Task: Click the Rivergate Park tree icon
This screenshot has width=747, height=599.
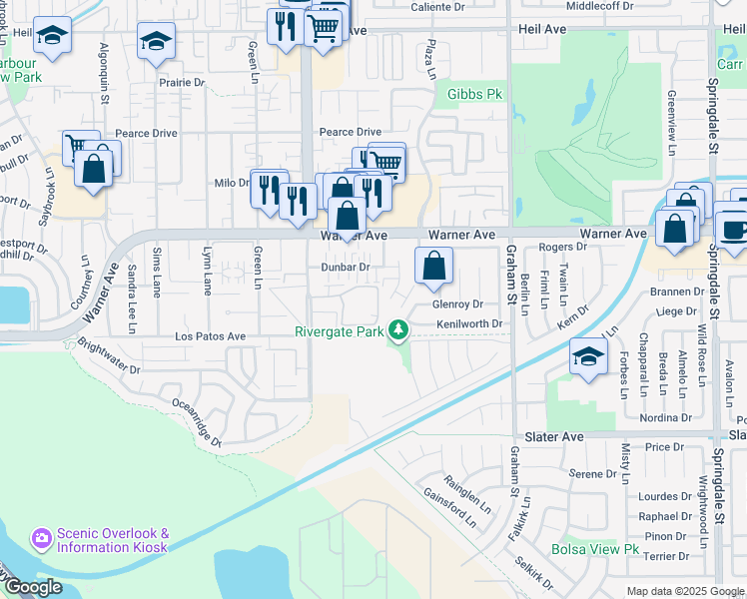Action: (399, 329)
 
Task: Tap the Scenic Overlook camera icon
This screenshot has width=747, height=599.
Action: (42, 539)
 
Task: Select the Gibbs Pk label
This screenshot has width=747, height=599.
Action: (473, 94)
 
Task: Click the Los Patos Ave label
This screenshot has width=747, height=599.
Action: (210, 337)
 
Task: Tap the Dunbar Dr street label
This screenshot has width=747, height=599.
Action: (346, 267)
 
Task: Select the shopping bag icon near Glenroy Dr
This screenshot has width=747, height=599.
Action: (433, 267)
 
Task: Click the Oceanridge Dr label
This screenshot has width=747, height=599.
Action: (195, 422)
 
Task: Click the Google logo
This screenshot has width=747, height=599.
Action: (32, 588)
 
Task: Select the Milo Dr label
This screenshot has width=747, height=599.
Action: (231, 183)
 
